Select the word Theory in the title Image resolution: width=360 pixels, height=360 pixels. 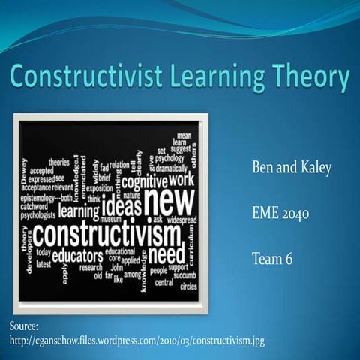pos(309,78)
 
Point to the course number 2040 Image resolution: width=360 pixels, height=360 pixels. pos(294,214)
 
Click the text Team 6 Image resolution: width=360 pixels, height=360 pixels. pos(273,259)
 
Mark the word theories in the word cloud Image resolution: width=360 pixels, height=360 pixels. pos(58,162)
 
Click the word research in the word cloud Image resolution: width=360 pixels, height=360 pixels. pos(91,266)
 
